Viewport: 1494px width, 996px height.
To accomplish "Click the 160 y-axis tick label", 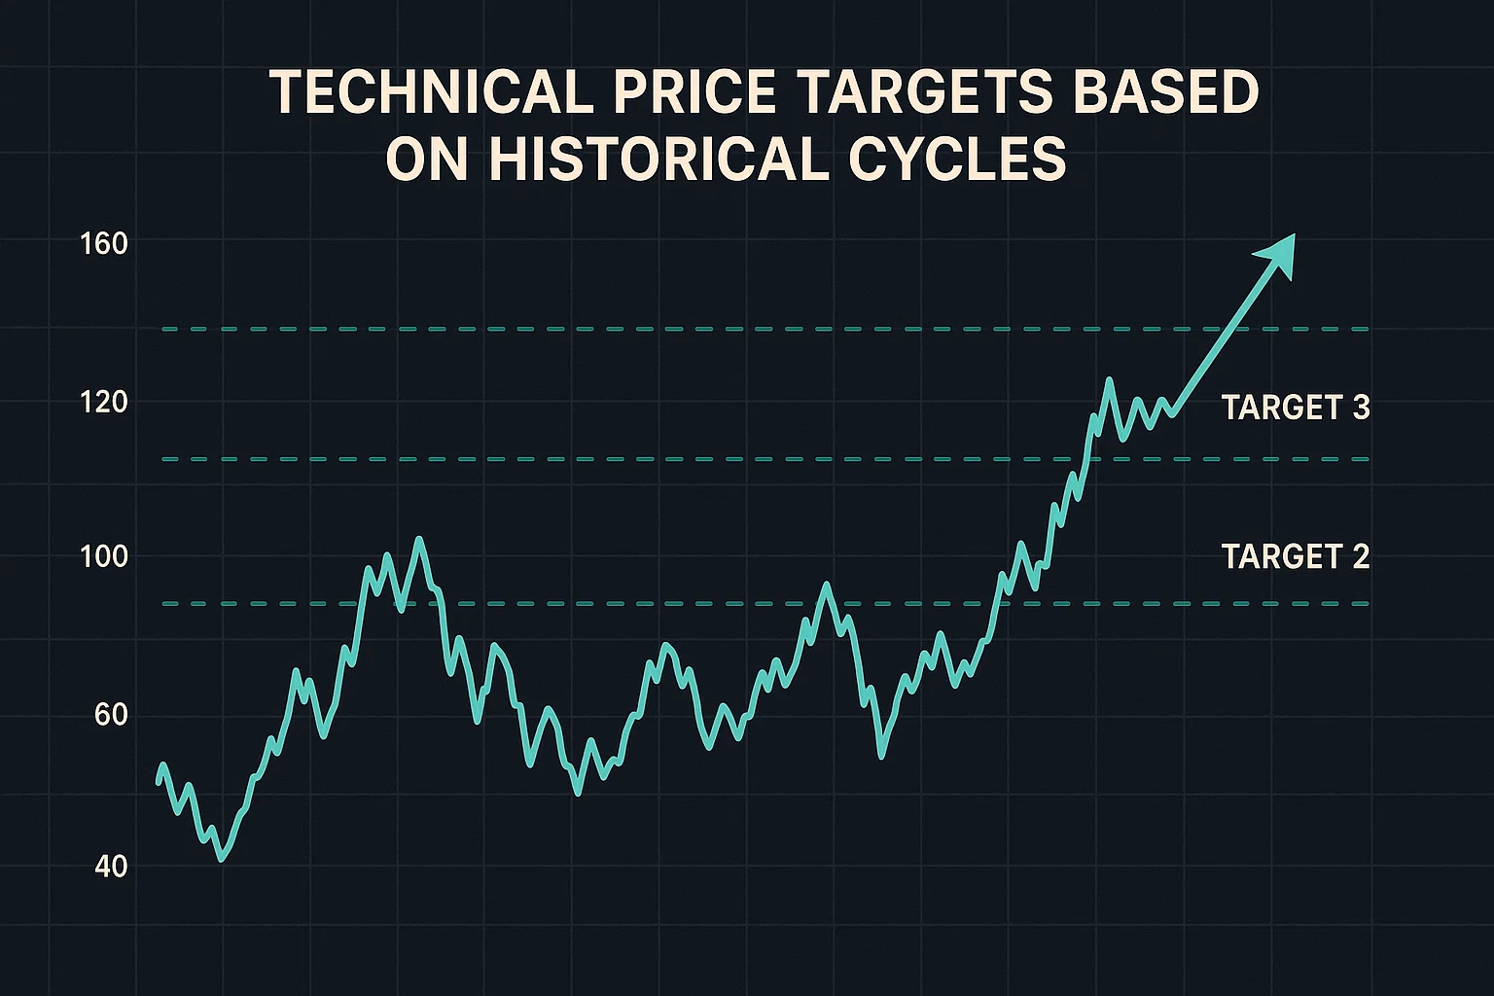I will (x=105, y=243).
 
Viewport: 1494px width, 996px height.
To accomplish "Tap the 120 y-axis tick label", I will (x=105, y=402).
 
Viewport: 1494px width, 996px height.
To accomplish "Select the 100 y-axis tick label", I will (x=105, y=557).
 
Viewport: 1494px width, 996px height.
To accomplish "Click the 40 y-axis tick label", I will (x=112, y=866).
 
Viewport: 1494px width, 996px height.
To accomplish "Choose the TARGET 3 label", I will (x=1295, y=408).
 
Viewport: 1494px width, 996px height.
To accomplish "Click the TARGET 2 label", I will (x=1295, y=556).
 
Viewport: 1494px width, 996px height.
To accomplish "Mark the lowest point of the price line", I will (x=222, y=859).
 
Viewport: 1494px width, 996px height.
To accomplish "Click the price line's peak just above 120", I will (x=1108, y=380).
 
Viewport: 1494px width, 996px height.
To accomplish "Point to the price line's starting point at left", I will (x=160, y=781).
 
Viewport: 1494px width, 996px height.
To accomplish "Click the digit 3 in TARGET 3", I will (x=1360, y=408).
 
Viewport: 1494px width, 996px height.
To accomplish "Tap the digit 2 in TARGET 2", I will (x=1360, y=556).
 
